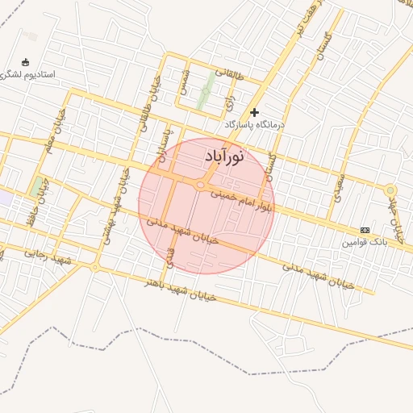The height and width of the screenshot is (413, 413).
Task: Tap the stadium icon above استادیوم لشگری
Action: [x=25, y=62]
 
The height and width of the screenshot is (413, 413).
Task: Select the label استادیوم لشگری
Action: [x=28, y=74]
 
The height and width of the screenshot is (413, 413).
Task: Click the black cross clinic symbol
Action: [x=255, y=112]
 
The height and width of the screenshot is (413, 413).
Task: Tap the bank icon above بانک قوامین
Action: [x=365, y=230]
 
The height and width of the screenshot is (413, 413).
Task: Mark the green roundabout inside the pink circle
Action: [x=199, y=186]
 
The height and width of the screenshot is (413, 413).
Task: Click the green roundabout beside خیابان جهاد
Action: [x=390, y=190]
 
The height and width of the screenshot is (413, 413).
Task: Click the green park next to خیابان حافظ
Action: [x=37, y=187]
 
